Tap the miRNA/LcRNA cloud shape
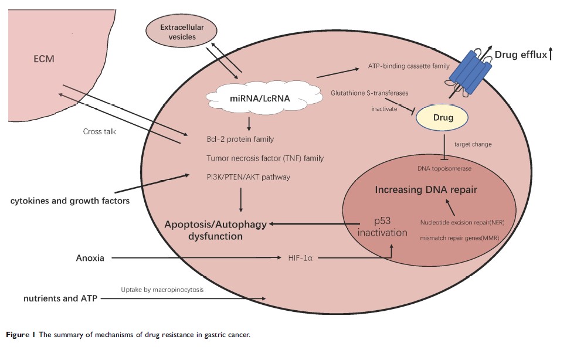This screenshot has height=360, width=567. pyautogui.click(x=250, y=99)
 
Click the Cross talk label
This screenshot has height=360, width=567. pyautogui.click(x=100, y=131)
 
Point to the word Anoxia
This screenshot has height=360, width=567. pyautogui.click(x=90, y=257)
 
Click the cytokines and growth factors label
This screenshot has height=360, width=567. pyautogui.click(x=70, y=201)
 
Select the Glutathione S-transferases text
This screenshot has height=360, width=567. pyautogui.click(x=369, y=93)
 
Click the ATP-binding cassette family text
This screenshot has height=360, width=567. pyautogui.click(x=409, y=66)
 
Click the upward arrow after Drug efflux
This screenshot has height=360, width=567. pyautogui.click(x=551, y=55)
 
